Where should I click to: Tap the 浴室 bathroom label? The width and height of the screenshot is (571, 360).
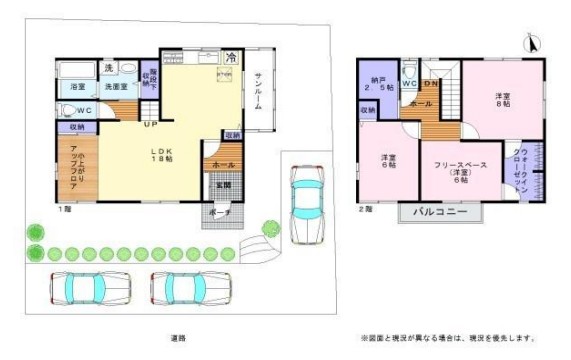(x=77, y=88)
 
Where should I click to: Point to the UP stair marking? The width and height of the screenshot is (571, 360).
(x=148, y=125)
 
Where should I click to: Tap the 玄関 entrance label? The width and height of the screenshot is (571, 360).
(x=222, y=185)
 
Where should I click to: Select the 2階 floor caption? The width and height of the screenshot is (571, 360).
(x=367, y=209)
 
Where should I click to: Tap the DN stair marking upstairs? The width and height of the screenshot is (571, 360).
(x=430, y=84)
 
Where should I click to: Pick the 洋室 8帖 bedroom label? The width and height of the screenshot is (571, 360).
(x=501, y=100)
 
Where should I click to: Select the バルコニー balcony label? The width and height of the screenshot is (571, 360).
(x=440, y=212)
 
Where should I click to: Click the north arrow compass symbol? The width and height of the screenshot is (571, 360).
(x=533, y=45)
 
